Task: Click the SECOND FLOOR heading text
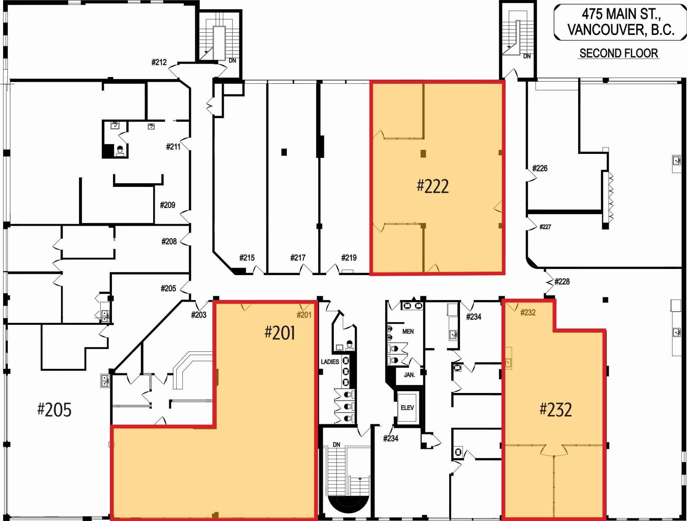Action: click(618, 53)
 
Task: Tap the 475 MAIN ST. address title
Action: click(621, 22)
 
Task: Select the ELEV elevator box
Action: click(407, 408)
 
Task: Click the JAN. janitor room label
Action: click(409, 375)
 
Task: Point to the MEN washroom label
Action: click(408, 331)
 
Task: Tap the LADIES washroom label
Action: click(330, 362)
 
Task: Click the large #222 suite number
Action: click(432, 186)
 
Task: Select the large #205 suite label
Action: click(54, 410)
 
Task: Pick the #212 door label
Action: click(159, 62)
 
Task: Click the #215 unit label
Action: click(247, 258)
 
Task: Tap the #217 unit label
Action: click(298, 258)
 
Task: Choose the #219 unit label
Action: click(349, 258)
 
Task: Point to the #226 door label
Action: click(540, 168)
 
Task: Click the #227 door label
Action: click(545, 227)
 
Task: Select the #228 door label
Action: click(562, 282)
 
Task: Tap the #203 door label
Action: click(198, 315)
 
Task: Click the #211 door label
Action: click(173, 147)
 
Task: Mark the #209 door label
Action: click(167, 205)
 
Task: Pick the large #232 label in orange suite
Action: click(555, 409)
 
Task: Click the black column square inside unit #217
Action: click(284, 152)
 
